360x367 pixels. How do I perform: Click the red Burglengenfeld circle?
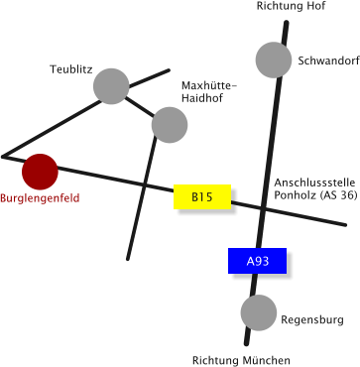pyautogui.click(x=41, y=172)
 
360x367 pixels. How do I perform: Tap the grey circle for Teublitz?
pyautogui.click(x=111, y=86)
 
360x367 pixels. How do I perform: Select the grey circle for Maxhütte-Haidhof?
pyautogui.click(x=170, y=124)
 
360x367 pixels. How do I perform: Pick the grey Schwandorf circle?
pyautogui.click(x=274, y=61)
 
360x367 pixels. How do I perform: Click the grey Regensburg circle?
pyautogui.click(x=259, y=312)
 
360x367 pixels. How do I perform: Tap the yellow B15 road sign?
pyautogui.click(x=202, y=197)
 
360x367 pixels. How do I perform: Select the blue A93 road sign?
pyautogui.click(x=257, y=261)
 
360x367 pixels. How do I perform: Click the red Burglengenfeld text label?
pyautogui.click(x=40, y=199)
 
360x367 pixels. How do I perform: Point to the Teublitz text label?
pyautogui.click(x=71, y=69)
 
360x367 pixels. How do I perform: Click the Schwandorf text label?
pyautogui.click(x=327, y=61)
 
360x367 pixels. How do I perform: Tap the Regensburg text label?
pyautogui.click(x=312, y=320)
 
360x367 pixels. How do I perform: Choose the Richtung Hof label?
pyautogui.click(x=291, y=7)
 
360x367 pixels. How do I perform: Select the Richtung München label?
pyautogui.click(x=241, y=360)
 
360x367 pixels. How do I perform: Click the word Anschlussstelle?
pyautogui.click(x=314, y=183)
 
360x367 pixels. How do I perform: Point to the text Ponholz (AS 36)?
pyautogui.click(x=315, y=195)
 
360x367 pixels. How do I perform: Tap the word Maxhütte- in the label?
pyautogui.click(x=208, y=86)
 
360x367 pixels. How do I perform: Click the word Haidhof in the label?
pyautogui.click(x=200, y=99)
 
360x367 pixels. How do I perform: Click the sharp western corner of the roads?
pyautogui.click(x=4, y=157)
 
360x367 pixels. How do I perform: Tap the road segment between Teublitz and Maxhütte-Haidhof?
pyautogui.click(x=140, y=105)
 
